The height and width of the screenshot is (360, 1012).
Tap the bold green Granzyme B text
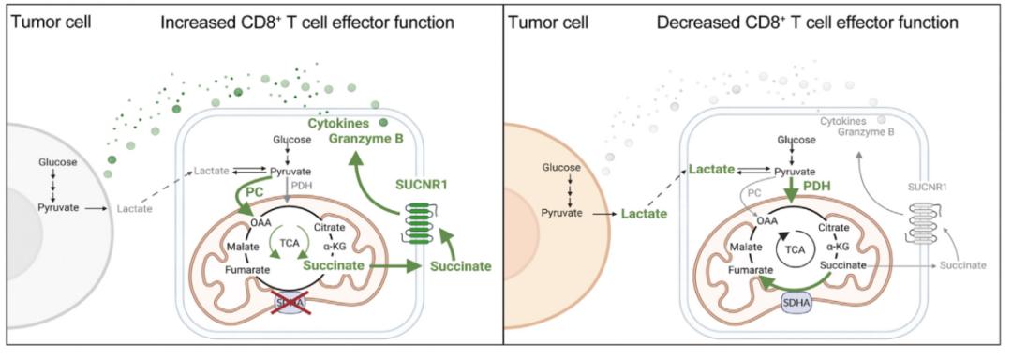pos(364,138)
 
